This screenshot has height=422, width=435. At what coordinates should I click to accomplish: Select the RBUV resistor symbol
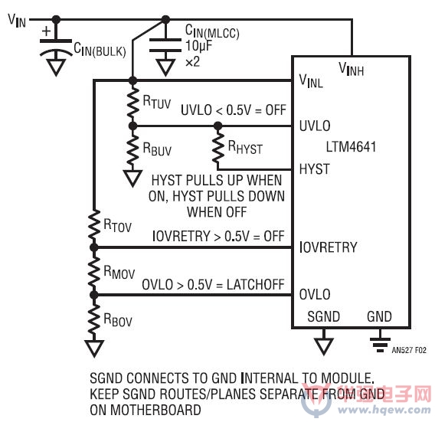click(x=133, y=151)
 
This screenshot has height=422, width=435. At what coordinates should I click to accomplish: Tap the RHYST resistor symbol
click(x=218, y=147)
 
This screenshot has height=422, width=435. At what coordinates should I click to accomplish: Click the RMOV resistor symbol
click(x=94, y=271)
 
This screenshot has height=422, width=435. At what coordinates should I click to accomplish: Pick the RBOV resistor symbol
click(x=94, y=319)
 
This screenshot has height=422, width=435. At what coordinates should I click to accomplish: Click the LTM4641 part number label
click(x=351, y=147)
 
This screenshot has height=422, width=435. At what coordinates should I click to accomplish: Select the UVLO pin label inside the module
click(x=315, y=126)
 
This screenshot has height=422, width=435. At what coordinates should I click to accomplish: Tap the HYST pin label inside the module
click(x=314, y=168)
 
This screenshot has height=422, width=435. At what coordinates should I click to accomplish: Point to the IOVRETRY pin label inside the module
click(x=329, y=247)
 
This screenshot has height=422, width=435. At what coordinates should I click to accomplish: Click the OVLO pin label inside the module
click(x=315, y=294)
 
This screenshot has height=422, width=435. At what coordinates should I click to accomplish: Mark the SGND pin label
click(x=323, y=316)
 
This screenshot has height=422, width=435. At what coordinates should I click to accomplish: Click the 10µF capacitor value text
click(x=198, y=45)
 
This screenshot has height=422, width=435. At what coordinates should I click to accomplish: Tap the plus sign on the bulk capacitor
click(x=46, y=31)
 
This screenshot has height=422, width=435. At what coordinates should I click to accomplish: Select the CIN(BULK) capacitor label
click(x=100, y=50)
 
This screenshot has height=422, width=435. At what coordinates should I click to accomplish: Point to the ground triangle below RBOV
click(x=94, y=348)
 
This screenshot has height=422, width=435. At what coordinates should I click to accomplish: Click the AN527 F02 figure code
click(x=409, y=350)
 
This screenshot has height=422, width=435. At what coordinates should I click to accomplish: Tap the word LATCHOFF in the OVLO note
click(x=256, y=285)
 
